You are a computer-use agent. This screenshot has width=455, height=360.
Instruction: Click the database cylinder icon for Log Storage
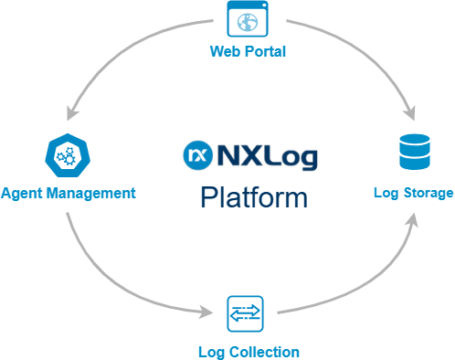[413, 154]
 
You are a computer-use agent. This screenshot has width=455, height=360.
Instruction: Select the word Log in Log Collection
[210, 351]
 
